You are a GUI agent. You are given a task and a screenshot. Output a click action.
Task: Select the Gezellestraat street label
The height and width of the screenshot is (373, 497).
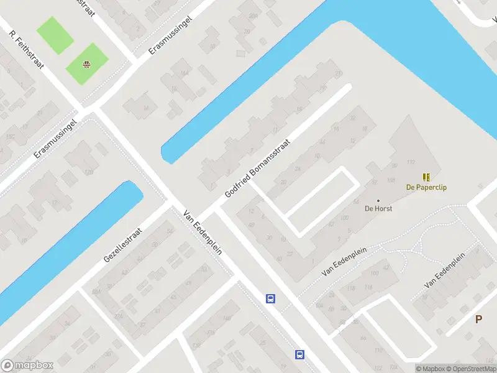click(x=123, y=244)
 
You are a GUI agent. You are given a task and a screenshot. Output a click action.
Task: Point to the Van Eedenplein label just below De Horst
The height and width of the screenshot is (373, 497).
click(x=345, y=260)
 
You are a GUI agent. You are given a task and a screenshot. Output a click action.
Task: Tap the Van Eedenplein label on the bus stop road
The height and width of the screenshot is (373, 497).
click(x=203, y=232)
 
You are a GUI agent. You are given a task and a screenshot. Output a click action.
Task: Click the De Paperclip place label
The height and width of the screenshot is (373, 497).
click(x=427, y=187)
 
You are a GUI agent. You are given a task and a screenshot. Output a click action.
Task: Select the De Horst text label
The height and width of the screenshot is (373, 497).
click(x=378, y=208)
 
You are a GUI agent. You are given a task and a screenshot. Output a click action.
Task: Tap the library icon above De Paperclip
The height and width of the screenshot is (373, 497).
click(x=427, y=177)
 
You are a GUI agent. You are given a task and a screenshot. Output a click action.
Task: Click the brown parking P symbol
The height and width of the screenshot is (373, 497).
click(x=478, y=320)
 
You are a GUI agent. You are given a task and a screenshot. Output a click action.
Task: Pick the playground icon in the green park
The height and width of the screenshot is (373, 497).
click(x=88, y=63)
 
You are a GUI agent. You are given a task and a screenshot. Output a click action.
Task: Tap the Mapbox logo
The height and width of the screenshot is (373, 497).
click(x=27, y=366)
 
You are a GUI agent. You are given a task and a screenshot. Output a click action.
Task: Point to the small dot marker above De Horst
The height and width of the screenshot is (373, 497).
click(x=378, y=200)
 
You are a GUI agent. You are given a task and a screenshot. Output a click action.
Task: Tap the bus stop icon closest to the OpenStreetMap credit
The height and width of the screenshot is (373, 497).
click(x=299, y=354)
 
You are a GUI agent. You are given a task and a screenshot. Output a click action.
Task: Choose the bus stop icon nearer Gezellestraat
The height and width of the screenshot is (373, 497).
click(x=271, y=298)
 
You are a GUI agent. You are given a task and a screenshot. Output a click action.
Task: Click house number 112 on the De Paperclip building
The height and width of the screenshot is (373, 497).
click(x=410, y=162)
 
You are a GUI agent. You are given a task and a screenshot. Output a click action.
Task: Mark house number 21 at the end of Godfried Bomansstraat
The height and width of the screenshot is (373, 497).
click(x=339, y=74)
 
